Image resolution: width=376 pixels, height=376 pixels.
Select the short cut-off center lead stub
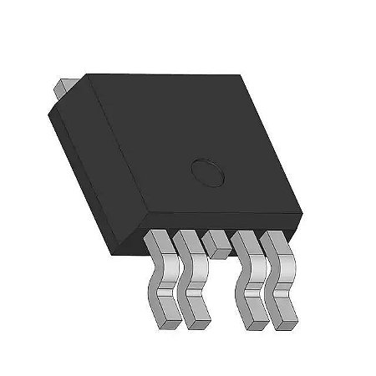click(215, 243)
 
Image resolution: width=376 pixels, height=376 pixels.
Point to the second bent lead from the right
click(250, 280)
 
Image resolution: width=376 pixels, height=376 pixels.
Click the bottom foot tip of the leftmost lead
click(166, 316)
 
